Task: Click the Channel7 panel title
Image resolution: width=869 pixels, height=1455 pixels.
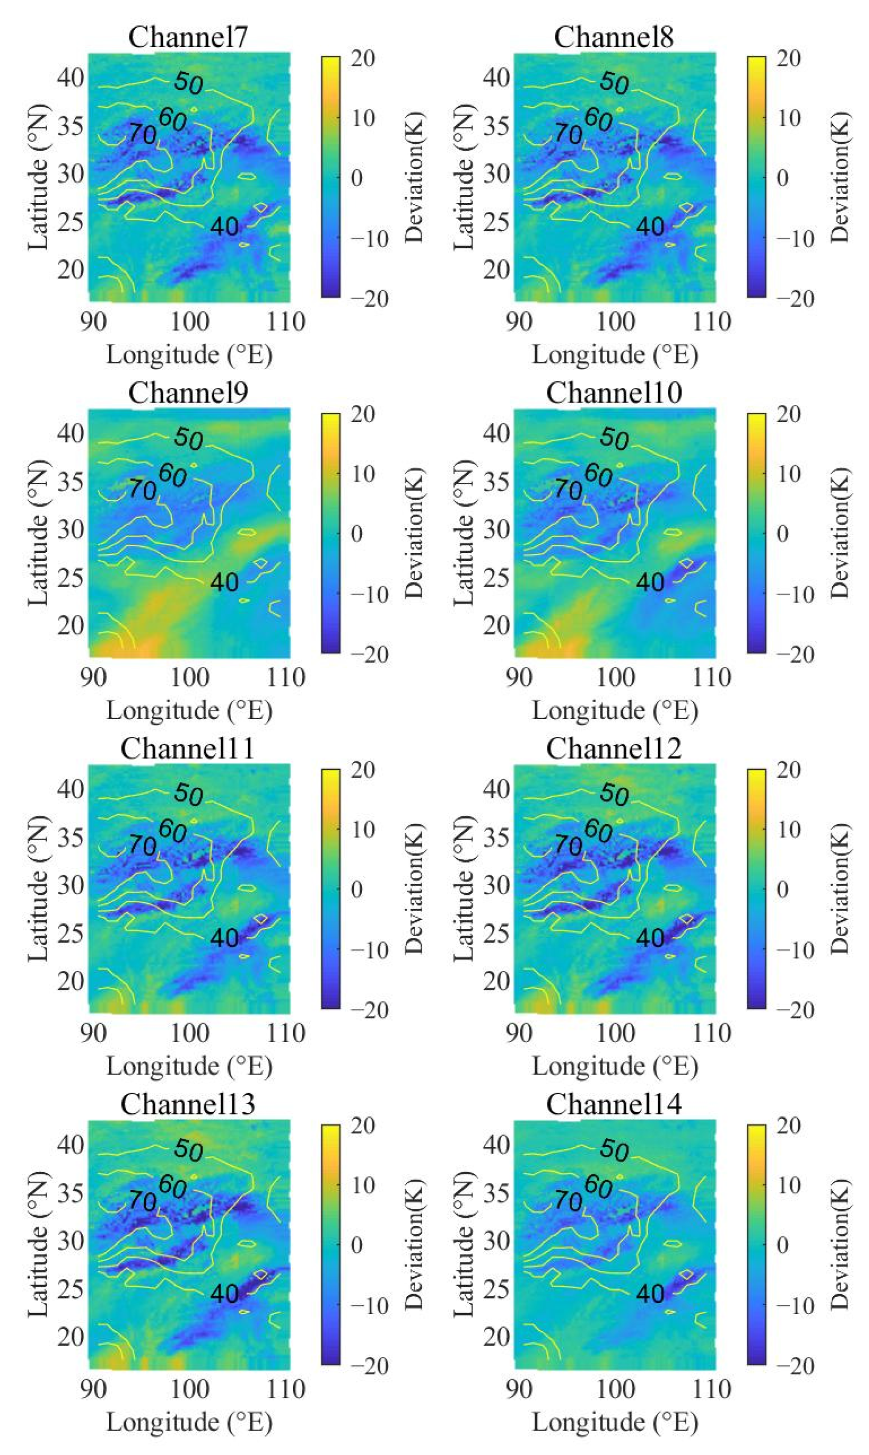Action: click(x=188, y=38)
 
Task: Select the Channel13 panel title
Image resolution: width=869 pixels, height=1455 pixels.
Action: click(x=188, y=1104)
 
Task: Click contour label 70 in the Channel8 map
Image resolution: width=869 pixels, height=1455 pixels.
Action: click(x=568, y=134)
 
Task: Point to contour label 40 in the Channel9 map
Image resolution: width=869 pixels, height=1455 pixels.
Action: click(x=224, y=582)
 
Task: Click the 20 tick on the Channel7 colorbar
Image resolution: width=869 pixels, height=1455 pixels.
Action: click(x=363, y=59)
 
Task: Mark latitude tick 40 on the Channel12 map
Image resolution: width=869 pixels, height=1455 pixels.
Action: click(x=497, y=789)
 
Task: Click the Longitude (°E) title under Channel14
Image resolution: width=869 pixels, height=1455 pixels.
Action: click(x=615, y=1421)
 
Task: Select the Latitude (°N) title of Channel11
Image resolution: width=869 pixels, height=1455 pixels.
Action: click(x=39, y=887)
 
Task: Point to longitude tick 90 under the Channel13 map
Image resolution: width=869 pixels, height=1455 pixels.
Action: click(x=93, y=1388)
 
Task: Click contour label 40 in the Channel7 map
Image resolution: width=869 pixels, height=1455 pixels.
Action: click(x=224, y=226)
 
